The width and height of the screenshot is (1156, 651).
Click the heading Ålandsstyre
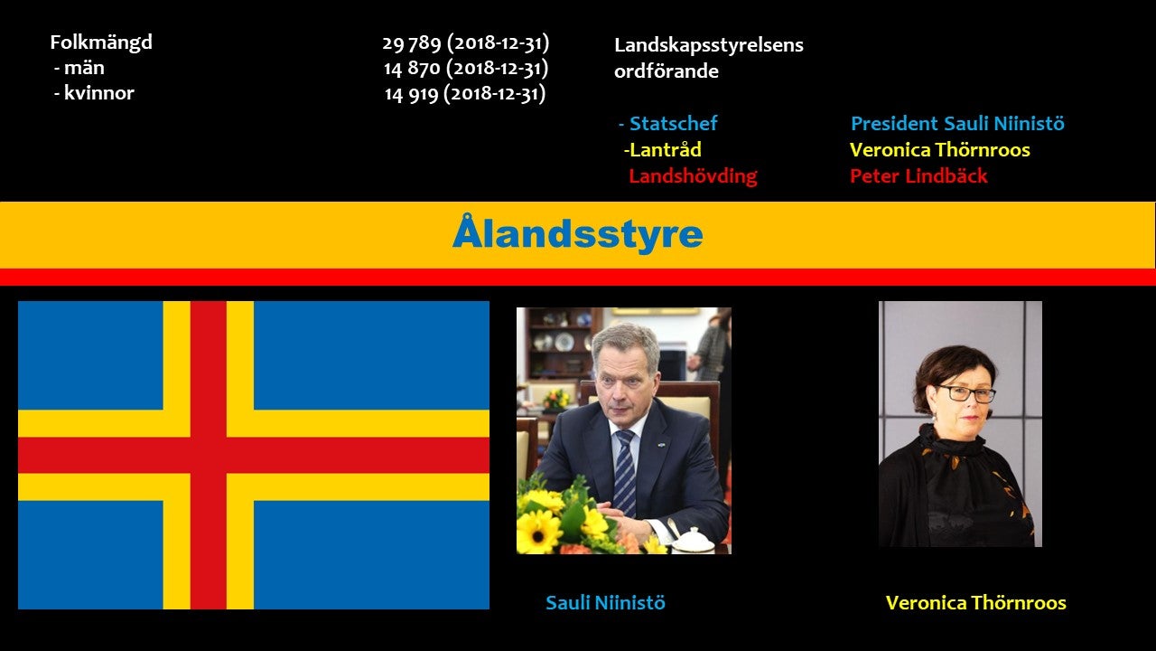click(577, 233)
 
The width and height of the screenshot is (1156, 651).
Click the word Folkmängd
click(101, 42)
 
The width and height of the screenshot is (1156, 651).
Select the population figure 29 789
click(411, 43)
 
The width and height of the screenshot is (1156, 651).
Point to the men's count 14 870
click(411, 69)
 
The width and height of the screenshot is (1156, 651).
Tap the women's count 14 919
click(411, 94)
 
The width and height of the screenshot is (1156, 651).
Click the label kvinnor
click(98, 93)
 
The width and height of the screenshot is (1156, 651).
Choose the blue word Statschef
click(673, 124)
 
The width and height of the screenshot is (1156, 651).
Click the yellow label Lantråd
click(665, 150)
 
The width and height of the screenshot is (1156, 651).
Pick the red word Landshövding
click(693, 176)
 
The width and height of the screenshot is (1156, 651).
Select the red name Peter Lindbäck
click(918, 176)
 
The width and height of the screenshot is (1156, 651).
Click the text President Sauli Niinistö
click(957, 124)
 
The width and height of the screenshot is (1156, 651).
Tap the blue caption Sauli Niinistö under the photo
click(605, 603)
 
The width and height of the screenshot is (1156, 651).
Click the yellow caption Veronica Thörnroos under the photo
click(976, 603)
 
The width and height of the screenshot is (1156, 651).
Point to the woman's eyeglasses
click(966, 393)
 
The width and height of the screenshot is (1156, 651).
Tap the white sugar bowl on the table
click(693, 541)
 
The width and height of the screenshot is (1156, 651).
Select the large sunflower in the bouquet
click(538, 533)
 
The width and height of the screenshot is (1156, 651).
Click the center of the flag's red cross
click(209, 455)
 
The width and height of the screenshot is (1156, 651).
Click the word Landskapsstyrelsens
click(709, 46)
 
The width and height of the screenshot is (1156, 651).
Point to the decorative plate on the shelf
click(564, 342)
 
